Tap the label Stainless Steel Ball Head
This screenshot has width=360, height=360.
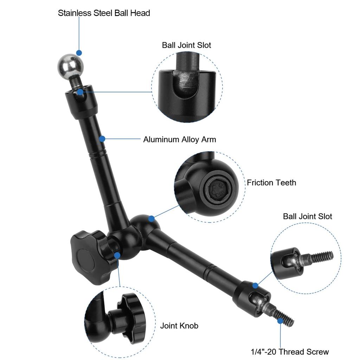[x=104, y=13]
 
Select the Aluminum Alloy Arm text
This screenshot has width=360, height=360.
[x=179, y=140]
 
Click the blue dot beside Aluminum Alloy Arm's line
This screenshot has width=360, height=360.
[x=102, y=139]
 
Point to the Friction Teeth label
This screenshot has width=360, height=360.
[x=271, y=183]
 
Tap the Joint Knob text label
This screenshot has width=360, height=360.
[x=179, y=326]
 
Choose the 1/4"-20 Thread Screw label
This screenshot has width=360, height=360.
[x=290, y=352]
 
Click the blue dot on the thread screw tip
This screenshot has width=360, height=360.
[x=280, y=321]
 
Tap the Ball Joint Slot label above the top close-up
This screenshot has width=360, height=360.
[x=186, y=45]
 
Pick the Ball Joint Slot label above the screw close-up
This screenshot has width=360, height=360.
[x=307, y=216]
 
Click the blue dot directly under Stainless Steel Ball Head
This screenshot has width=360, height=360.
[x=79, y=53]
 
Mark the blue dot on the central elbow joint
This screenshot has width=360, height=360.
[x=151, y=219]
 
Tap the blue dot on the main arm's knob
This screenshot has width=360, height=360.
[x=117, y=255]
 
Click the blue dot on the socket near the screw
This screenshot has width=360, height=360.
[x=256, y=285]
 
